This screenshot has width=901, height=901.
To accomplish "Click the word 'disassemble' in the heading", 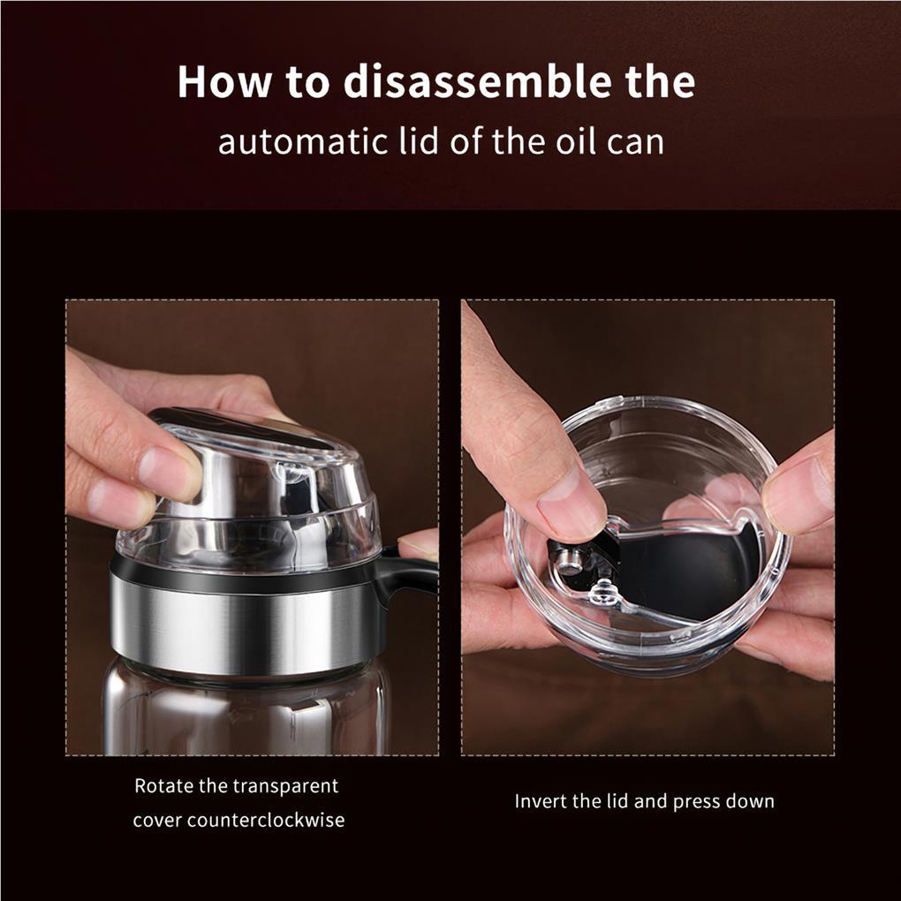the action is pyautogui.click(x=479, y=81).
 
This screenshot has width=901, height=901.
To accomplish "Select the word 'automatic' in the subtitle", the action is pyautogui.click(x=303, y=142).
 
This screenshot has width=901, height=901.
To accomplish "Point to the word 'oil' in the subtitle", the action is pyautogui.click(x=574, y=141).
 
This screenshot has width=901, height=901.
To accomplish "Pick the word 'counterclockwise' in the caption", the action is pyautogui.click(x=266, y=820).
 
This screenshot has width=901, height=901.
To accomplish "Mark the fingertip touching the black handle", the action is pyautogui.click(x=419, y=544).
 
